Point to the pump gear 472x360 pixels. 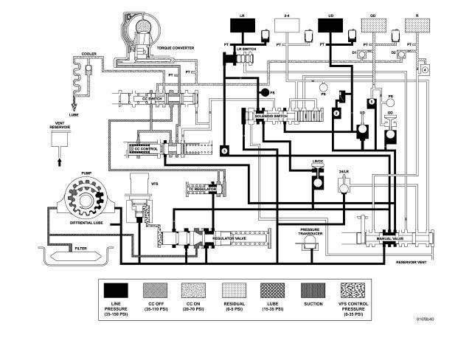pyautogui.click(x=87, y=196)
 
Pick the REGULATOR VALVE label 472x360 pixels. pyautogui.click(x=229, y=240)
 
